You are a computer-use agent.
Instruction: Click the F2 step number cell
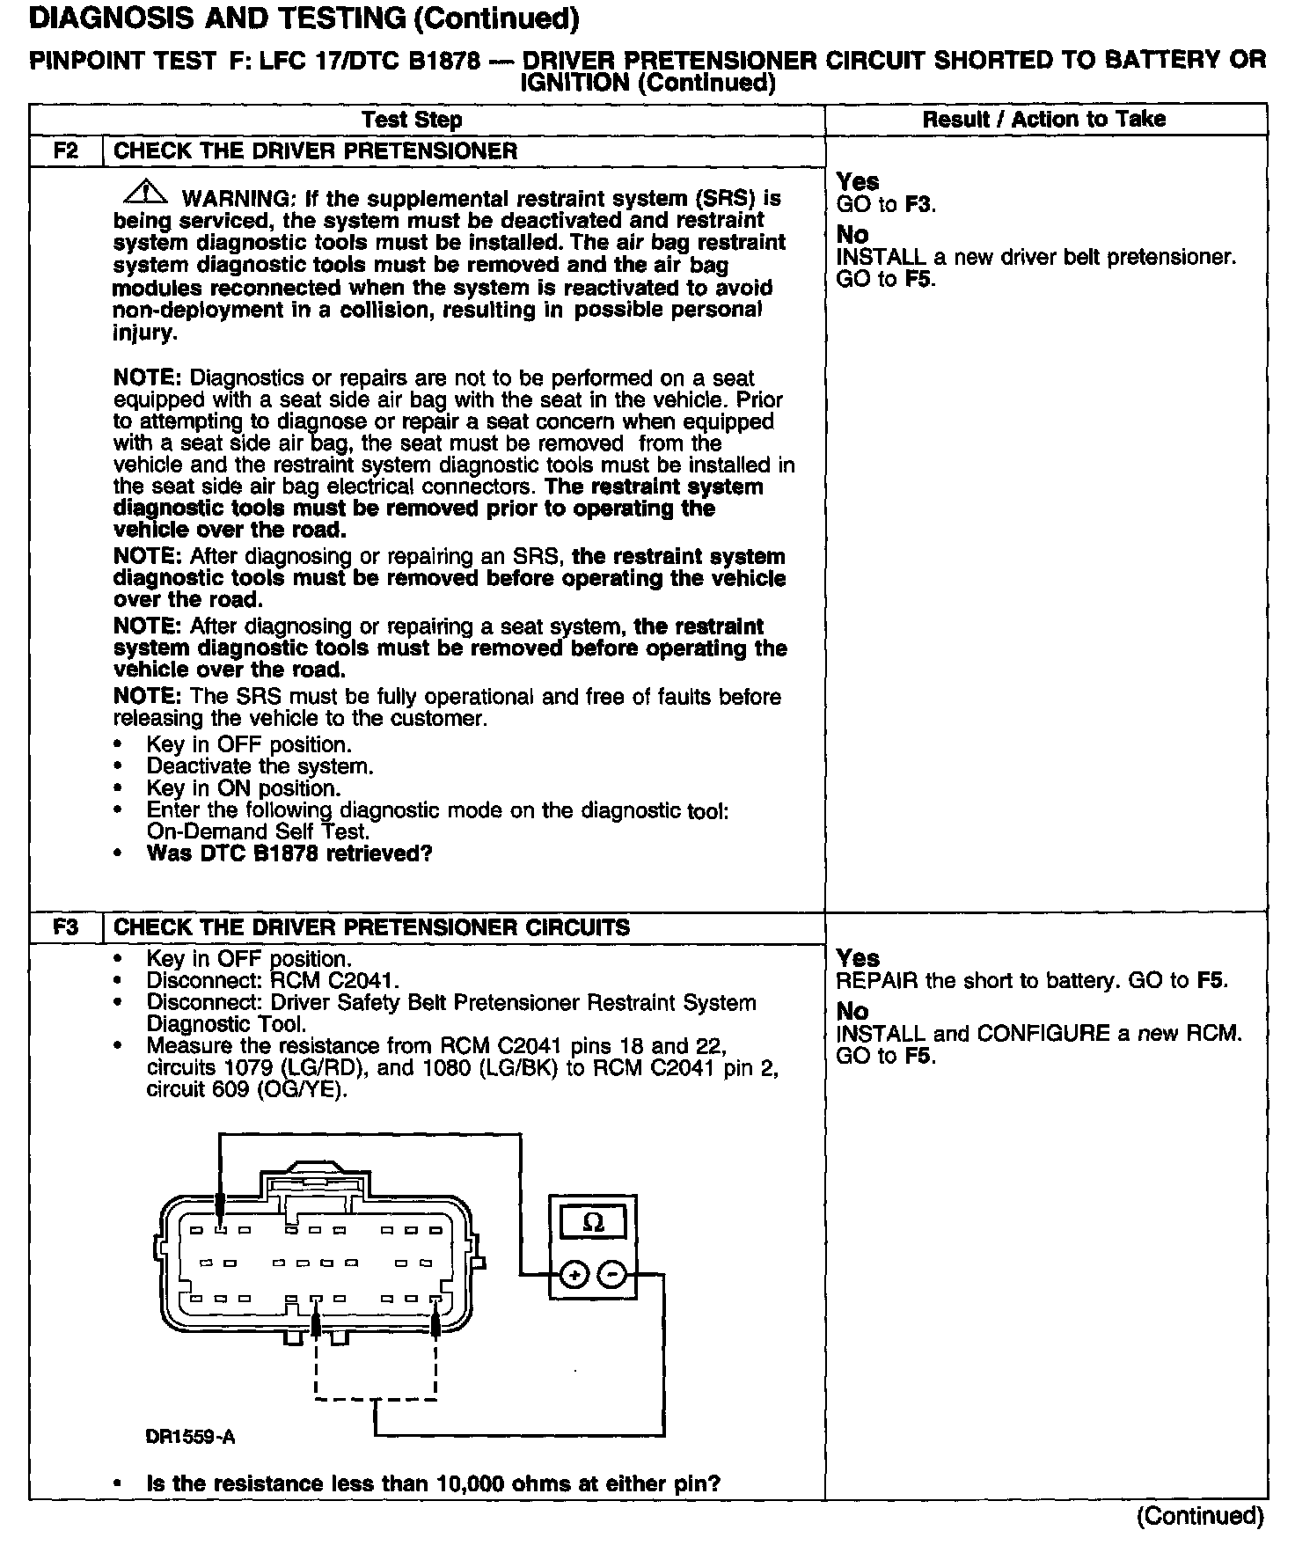(66, 150)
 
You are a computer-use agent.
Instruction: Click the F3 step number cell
(66, 927)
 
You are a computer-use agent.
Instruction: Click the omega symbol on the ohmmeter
(594, 1223)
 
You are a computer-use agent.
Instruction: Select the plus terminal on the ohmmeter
(574, 1274)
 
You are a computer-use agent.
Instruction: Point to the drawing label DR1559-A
(190, 1438)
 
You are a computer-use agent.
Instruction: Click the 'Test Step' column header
(412, 120)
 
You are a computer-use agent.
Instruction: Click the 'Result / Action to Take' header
(1044, 120)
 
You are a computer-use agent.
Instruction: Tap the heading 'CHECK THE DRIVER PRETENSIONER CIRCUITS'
(372, 927)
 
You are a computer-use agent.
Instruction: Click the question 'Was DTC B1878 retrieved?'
(289, 853)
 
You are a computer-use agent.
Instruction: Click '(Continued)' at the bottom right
(1200, 1515)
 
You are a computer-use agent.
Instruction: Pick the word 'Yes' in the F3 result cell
(858, 958)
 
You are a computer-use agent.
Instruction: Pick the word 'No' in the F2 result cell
(852, 235)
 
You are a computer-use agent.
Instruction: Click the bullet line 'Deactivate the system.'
(260, 766)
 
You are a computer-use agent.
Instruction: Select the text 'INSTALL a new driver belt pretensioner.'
(1035, 258)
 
